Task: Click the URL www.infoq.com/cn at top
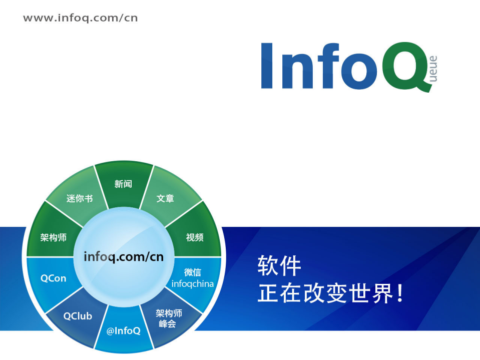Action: pos(80,18)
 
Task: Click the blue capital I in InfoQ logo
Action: pos(269,66)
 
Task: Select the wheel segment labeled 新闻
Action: pos(123,184)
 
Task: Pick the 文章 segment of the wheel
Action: pos(165,198)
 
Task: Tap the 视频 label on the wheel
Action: pos(195,237)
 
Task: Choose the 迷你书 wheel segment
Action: pos(80,198)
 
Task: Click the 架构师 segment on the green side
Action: pos(54,237)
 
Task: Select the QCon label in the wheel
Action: pos(53,278)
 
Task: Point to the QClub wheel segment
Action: pos(78,316)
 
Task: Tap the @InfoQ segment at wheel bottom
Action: pos(123,331)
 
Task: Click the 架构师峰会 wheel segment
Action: pos(169,319)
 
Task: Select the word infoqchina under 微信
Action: pos(192,284)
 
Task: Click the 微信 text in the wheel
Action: pos(193,272)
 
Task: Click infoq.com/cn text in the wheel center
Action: pos(124,257)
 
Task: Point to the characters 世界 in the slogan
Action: pos(370,294)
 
